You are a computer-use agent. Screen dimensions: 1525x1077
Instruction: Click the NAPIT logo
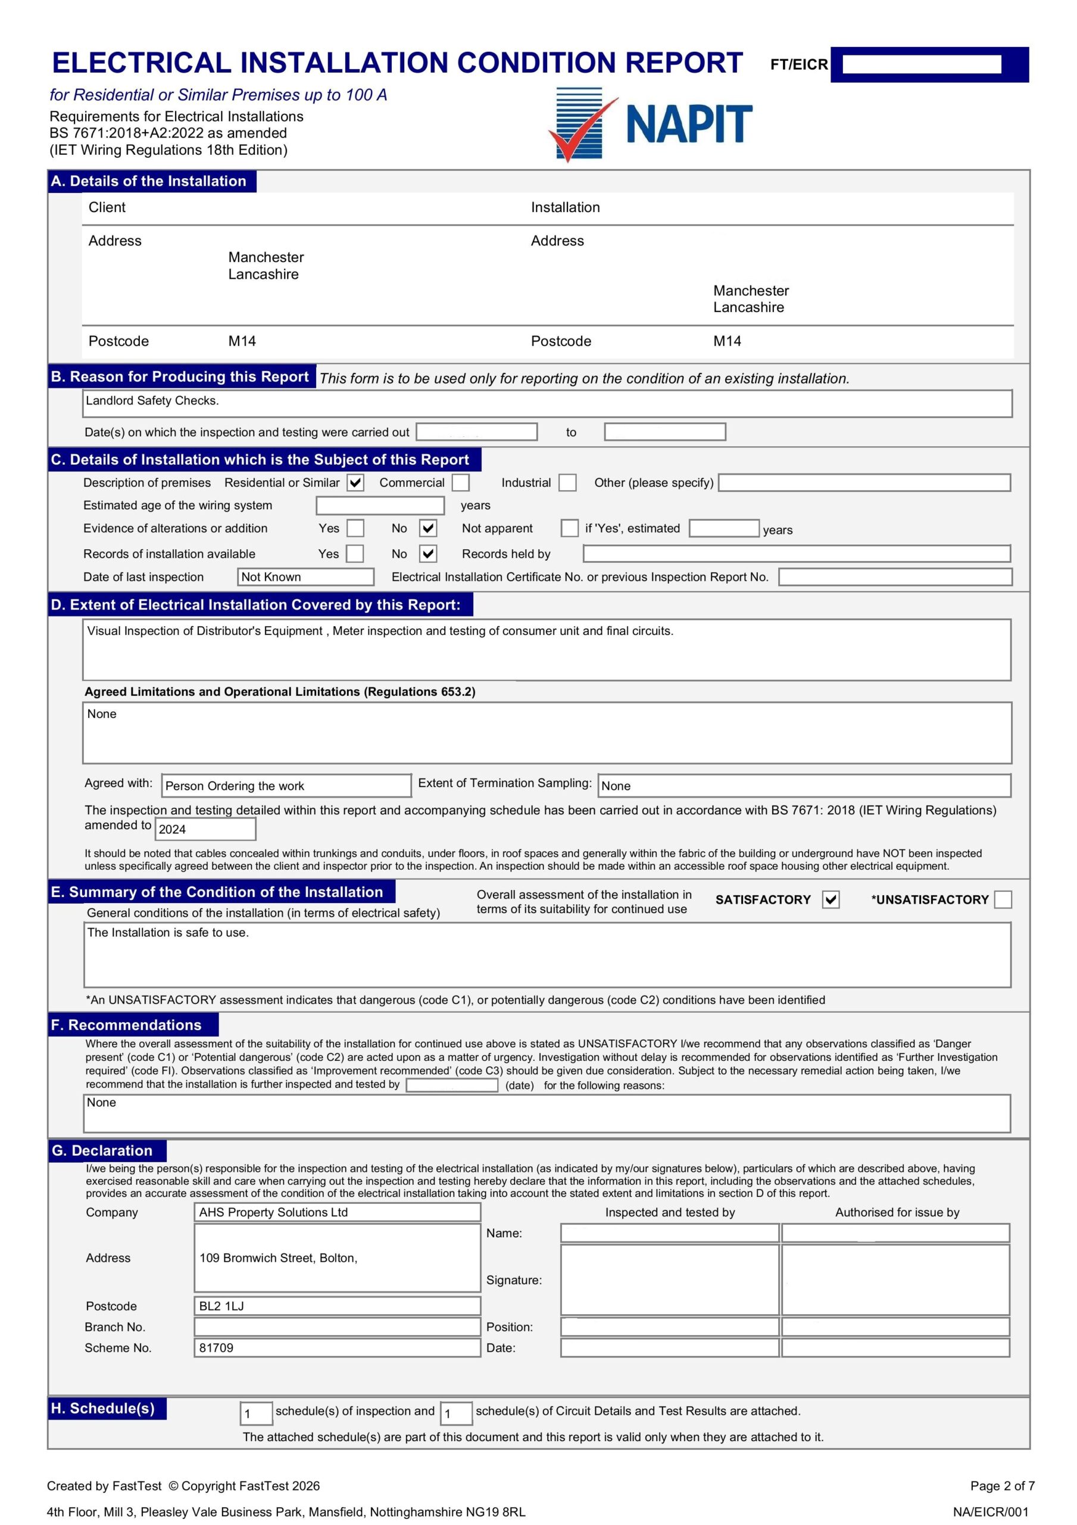pyautogui.click(x=651, y=125)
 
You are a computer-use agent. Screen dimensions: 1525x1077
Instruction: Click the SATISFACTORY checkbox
pyautogui.click(x=830, y=900)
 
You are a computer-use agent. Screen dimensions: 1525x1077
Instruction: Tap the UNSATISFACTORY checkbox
pyautogui.click(x=1003, y=900)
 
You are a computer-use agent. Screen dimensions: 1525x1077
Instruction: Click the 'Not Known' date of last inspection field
pyautogui.click(x=305, y=577)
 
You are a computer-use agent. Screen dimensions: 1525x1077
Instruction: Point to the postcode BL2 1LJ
pyautogui.click(x=222, y=1306)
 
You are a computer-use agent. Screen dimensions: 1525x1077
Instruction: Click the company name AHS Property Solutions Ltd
pyautogui.click(x=273, y=1212)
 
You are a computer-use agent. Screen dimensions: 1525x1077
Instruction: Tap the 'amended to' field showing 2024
pyautogui.click(x=205, y=829)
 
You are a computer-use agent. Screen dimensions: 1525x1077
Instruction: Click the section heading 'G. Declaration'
pyautogui.click(x=102, y=1150)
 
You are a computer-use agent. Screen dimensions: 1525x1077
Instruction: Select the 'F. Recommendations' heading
pyautogui.click(x=126, y=1025)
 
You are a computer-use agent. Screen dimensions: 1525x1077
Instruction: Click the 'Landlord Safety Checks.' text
pyautogui.click(x=152, y=400)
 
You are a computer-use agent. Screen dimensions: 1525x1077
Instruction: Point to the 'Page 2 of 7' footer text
pyautogui.click(x=1002, y=1486)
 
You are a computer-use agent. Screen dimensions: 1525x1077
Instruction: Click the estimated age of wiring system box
pyautogui.click(x=380, y=506)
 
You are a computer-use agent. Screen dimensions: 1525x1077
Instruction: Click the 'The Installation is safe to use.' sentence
pyautogui.click(x=168, y=932)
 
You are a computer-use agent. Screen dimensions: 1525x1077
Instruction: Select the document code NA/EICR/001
pyautogui.click(x=990, y=1512)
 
